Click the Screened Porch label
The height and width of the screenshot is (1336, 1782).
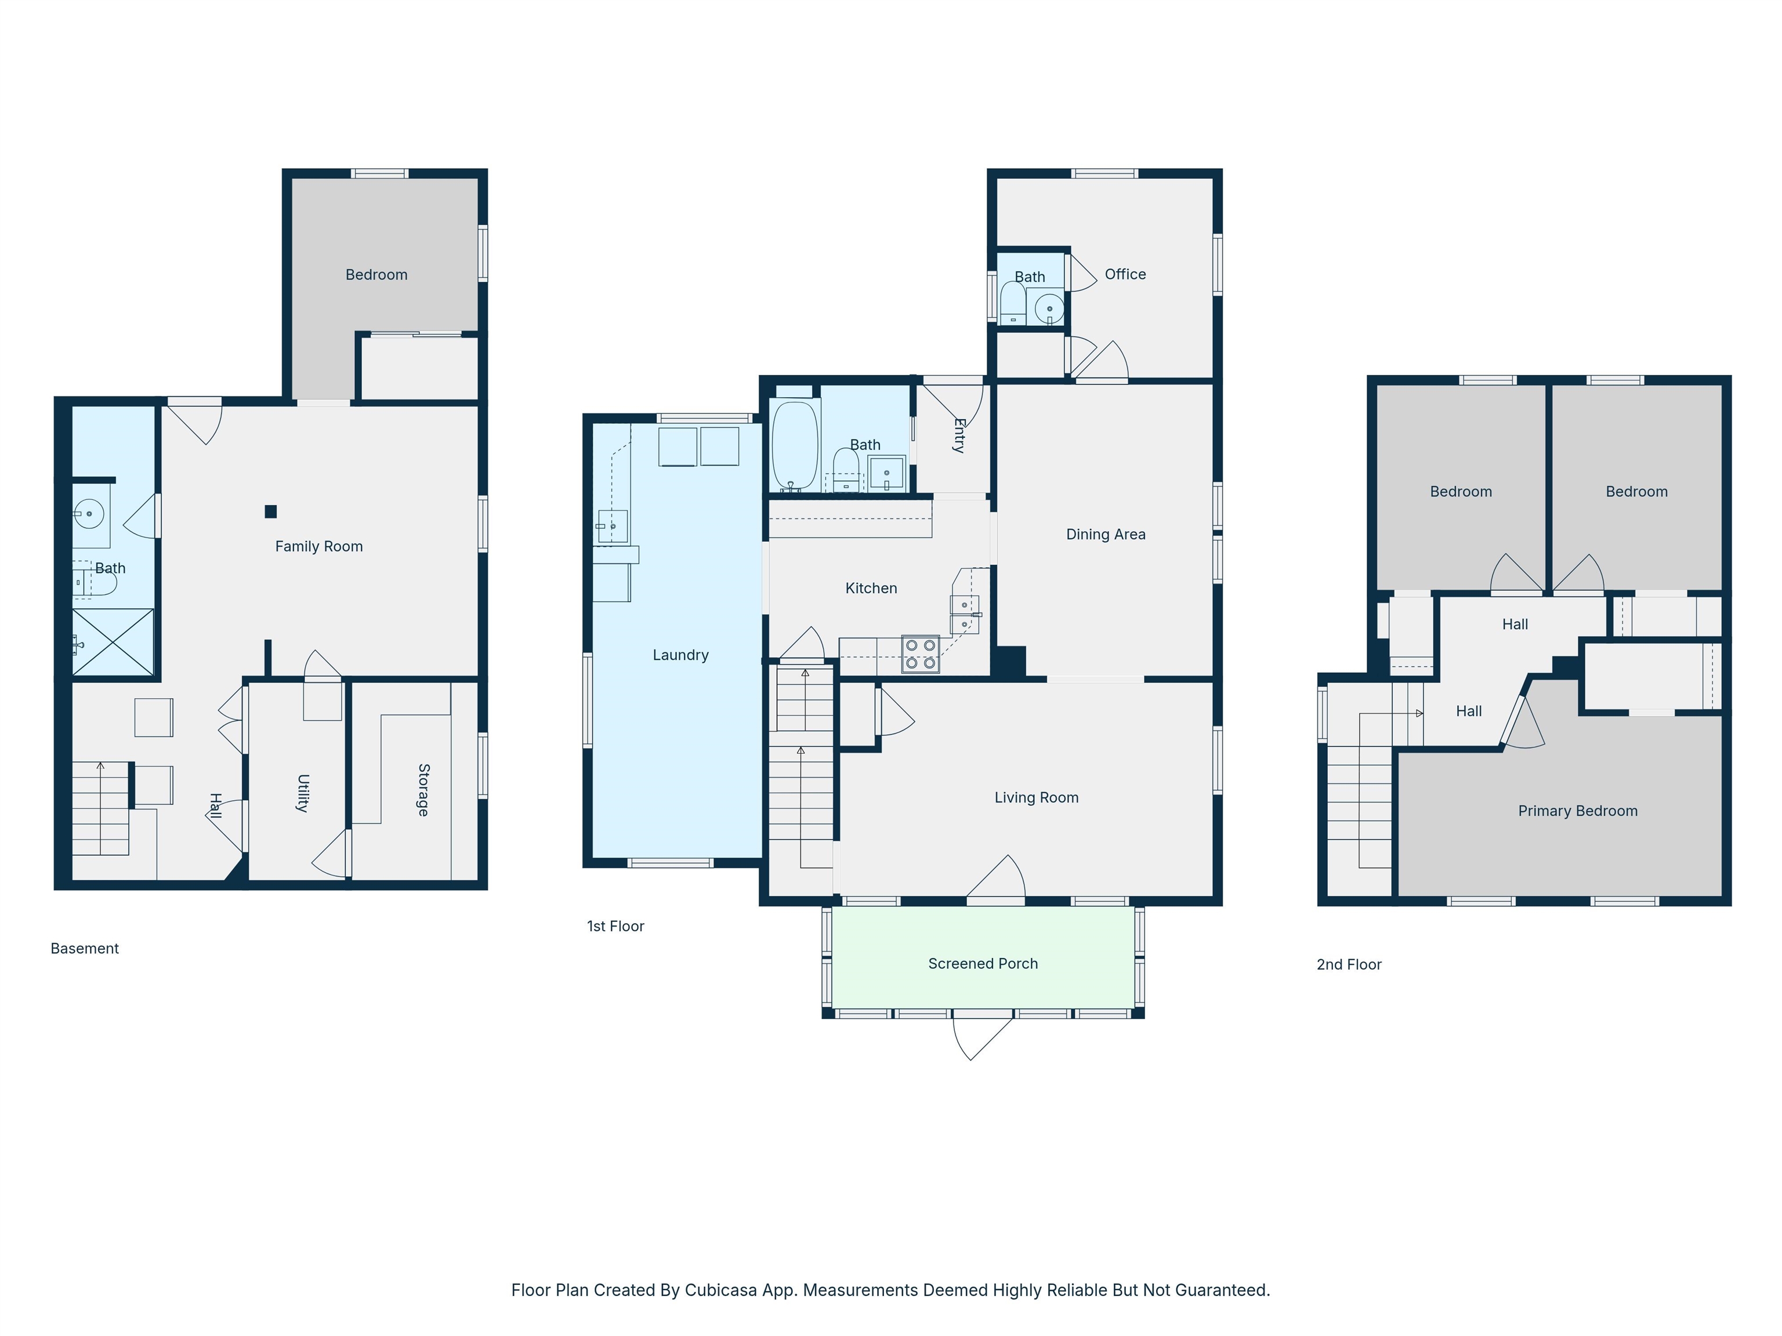[982, 963]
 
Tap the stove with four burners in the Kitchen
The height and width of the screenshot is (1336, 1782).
[920, 654]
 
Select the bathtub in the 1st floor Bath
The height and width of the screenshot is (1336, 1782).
[794, 445]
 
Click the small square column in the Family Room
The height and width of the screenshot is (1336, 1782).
[271, 511]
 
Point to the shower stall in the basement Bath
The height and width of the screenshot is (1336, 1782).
[113, 642]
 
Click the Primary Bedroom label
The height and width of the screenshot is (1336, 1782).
[1577, 811]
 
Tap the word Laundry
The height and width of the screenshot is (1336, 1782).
[680, 655]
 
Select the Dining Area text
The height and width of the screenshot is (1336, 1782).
[1105, 534]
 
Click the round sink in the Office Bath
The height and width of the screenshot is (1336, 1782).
[1049, 308]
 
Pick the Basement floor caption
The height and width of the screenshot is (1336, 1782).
[85, 948]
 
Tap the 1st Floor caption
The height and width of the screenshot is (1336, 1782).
[615, 926]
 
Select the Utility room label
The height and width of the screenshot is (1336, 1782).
[303, 793]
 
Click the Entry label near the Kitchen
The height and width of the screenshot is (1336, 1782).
[959, 435]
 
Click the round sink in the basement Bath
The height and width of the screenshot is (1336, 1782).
[89, 513]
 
